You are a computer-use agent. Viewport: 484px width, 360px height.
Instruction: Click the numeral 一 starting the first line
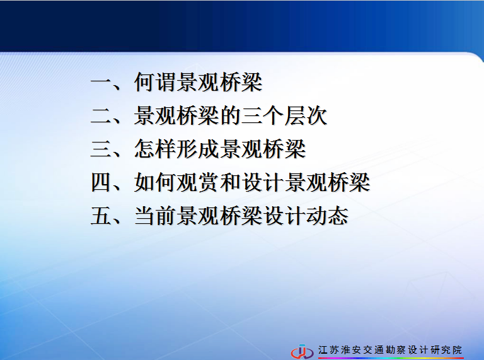[x=101, y=83]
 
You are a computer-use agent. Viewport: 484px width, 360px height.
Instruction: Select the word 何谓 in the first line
[x=155, y=83]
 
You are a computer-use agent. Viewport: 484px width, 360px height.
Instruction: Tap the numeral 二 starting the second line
[x=101, y=116]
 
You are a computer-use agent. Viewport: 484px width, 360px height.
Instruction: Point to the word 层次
[x=306, y=116]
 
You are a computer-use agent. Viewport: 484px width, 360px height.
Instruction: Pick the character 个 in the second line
[x=274, y=116]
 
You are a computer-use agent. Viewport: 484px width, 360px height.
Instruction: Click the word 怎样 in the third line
[x=155, y=149]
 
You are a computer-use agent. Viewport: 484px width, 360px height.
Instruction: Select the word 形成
[x=199, y=149]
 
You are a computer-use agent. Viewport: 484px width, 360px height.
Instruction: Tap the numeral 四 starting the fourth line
[x=101, y=182]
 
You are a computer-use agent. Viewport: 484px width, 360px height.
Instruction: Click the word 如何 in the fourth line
[x=155, y=182]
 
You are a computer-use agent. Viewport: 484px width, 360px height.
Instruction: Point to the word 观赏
[x=199, y=182]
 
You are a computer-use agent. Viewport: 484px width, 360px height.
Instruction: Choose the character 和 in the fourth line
[x=231, y=182]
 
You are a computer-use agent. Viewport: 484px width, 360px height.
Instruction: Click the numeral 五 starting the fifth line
[x=101, y=216]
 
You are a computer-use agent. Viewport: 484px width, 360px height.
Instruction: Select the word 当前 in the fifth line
[x=155, y=216]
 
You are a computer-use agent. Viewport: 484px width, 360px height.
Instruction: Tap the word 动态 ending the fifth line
[x=328, y=216]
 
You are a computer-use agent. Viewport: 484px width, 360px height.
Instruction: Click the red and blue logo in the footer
[x=302, y=352]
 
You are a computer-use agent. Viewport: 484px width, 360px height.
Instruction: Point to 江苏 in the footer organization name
[x=328, y=350]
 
